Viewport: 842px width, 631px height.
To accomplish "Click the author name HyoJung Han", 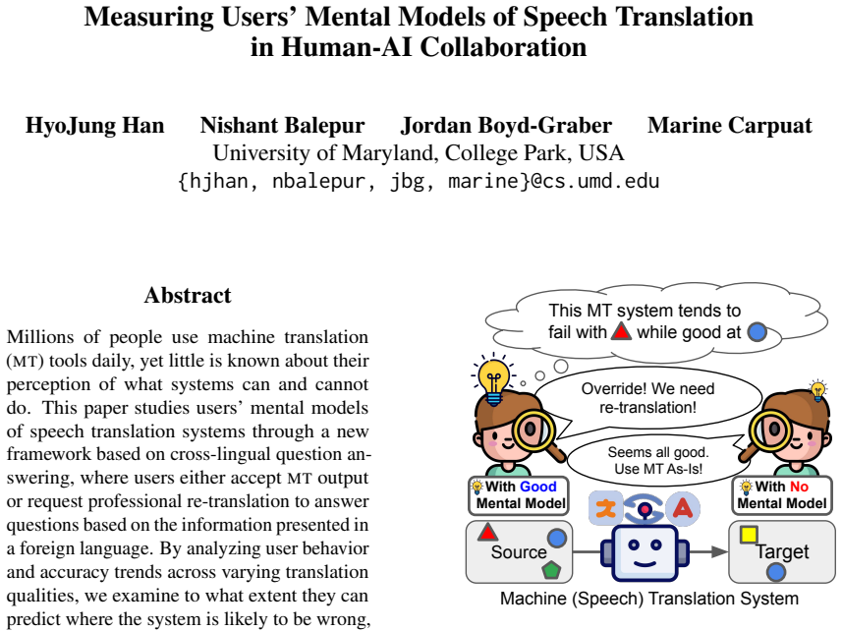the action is [94, 126].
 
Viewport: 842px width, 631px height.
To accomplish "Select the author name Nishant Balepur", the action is [282, 126].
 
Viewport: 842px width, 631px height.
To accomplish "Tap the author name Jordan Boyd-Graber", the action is [506, 126].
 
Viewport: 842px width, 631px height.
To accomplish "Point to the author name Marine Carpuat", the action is [730, 126].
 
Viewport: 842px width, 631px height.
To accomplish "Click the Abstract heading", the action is [188, 295].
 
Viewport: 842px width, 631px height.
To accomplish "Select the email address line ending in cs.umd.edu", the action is [419, 181].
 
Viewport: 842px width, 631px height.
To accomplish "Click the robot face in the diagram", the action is [645, 553].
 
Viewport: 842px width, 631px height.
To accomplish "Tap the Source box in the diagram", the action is [519, 551].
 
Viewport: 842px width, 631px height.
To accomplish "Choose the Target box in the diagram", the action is [782, 551].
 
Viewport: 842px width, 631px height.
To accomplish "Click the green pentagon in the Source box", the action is [551, 569].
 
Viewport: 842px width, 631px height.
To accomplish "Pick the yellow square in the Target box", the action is [749, 535].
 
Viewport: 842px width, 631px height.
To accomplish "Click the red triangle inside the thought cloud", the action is [621, 331].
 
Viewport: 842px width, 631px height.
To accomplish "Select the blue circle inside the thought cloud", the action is [758, 332].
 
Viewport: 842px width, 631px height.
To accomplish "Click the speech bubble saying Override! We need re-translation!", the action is [647, 398].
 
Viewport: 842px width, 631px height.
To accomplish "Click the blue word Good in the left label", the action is [538, 487].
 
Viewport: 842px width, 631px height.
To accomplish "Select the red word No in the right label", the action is [799, 487].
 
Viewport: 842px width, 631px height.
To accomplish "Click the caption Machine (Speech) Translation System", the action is [649, 599].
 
